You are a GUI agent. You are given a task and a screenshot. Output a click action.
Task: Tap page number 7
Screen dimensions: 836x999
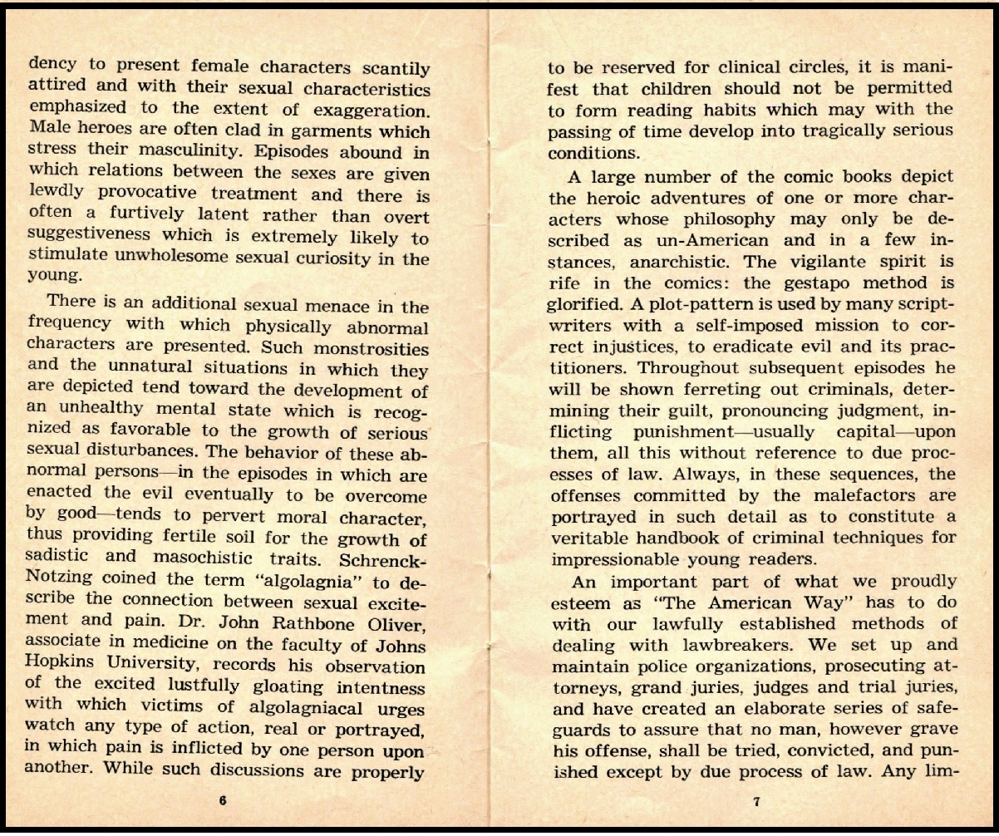(755, 802)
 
